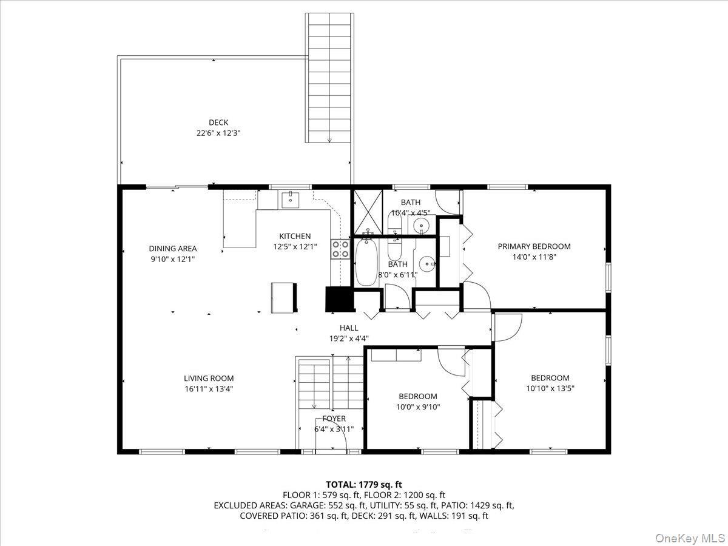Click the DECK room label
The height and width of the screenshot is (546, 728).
[x=218, y=123]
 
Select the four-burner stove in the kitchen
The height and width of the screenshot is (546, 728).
[x=339, y=249]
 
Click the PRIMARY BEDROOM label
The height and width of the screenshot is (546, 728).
[x=534, y=246]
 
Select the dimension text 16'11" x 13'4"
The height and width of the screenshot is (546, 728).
[x=209, y=389]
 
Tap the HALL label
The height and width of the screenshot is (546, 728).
[x=349, y=328]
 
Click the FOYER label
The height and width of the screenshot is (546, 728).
[x=334, y=419]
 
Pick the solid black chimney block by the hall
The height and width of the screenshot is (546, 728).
[x=339, y=298]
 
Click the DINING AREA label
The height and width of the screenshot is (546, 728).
[x=173, y=248]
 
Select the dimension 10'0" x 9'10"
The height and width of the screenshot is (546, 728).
[x=417, y=407]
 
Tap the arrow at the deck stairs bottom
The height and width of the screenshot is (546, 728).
[x=329, y=140]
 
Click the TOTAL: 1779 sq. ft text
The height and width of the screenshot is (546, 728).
[x=364, y=484]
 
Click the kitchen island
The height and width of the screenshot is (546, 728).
[x=284, y=297]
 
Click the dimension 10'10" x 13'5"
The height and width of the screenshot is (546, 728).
[x=550, y=388]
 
